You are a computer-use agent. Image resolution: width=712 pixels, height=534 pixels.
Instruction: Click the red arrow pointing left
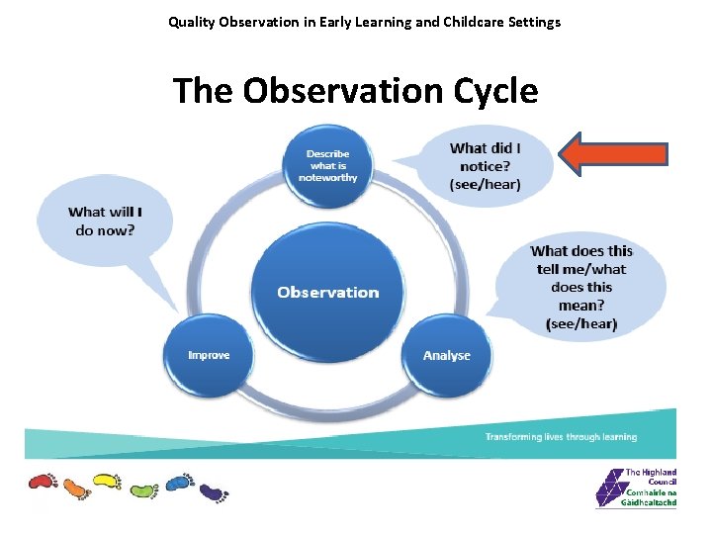pos(613,153)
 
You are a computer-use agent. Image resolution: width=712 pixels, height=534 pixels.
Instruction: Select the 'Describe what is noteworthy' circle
pos(327,166)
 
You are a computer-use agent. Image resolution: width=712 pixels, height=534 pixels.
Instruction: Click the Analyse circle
pos(446,354)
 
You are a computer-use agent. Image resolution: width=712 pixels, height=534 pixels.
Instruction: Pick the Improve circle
pos(209,354)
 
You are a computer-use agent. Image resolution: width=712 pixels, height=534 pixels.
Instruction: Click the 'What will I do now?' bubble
pos(104,222)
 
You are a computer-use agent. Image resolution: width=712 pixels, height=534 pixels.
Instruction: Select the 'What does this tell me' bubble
pos(581,287)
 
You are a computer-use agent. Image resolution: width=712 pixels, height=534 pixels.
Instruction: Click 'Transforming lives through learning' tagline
pos(561,436)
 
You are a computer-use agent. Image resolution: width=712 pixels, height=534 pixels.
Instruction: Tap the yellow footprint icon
pos(107,482)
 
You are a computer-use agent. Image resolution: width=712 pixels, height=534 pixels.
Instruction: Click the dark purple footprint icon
pos(213,491)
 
